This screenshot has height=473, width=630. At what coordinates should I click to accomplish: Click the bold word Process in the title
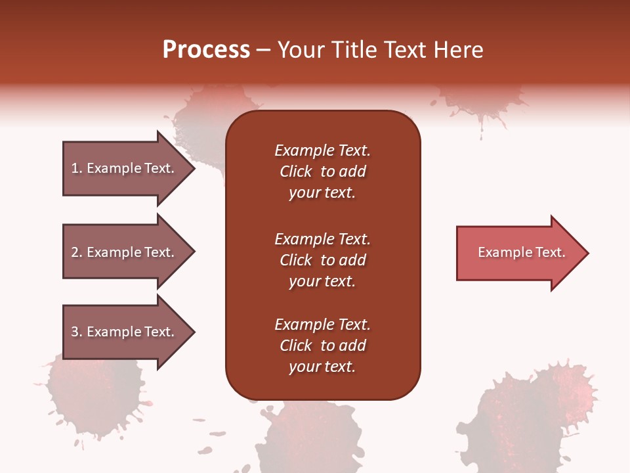[x=206, y=50]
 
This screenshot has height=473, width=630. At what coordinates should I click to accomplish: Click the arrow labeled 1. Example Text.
[x=125, y=168]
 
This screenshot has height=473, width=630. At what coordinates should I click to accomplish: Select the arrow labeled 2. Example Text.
[x=125, y=252]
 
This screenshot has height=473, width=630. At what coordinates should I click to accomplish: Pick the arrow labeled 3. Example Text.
[x=125, y=332]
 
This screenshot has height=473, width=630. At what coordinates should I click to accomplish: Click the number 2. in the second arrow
[x=77, y=252]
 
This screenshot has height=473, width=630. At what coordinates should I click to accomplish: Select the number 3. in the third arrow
[x=77, y=332]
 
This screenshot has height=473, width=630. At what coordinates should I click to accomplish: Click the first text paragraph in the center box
[x=322, y=171]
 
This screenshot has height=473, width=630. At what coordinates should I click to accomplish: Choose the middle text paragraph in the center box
[x=322, y=260]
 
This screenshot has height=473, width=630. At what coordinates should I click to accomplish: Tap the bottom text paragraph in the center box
[x=322, y=346]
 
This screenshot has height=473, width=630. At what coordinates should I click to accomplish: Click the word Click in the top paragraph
[x=296, y=172]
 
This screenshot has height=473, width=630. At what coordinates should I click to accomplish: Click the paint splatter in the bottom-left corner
[x=95, y=394]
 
